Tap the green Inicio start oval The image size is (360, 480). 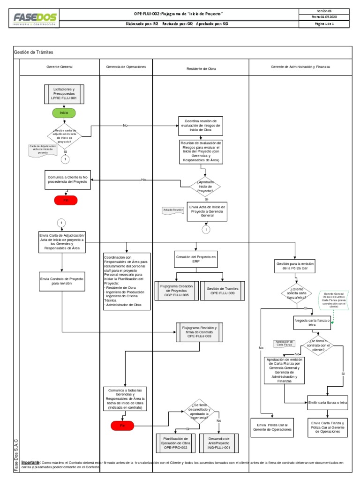[64, 113]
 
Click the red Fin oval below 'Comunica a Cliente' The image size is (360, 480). [66, 200]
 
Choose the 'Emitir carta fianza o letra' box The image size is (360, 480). [328, 402]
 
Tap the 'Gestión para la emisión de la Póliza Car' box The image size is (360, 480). [293, 267]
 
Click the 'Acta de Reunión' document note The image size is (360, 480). [172, 210]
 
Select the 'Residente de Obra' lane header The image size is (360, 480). [201, 68]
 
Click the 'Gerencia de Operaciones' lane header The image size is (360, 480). [126, 67]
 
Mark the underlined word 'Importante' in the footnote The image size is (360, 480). [31, 462]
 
